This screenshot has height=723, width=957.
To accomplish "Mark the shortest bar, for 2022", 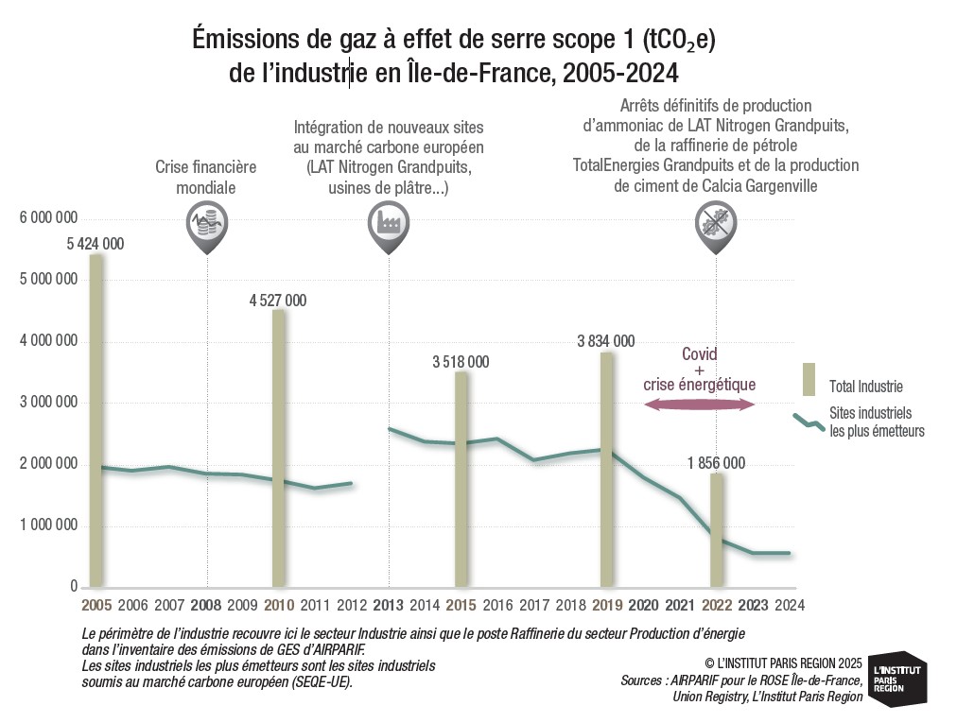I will click(x=716, y=530).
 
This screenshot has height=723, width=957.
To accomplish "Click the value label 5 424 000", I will click(x=95, y=244).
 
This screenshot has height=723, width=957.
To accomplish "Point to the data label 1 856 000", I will click(x=716, y=463).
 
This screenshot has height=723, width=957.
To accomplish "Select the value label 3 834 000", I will click(x=606, y=341).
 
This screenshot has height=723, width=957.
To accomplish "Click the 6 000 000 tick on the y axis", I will click(x=47, y=218).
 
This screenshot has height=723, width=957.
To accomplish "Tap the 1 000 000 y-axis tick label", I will click(x=47, y=526).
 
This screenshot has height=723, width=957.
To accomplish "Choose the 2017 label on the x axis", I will click(x=534, y=605).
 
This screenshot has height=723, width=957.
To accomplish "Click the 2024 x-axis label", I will click(x=789, y=605).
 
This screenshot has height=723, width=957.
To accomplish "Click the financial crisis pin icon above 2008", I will click(x=205, y=230).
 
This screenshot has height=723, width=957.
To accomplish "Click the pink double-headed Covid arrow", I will click(x=699, y=405).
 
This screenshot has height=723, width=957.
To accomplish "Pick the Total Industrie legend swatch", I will click(x=809, y=379).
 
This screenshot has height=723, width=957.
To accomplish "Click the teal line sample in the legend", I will click(x=808, y=422).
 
